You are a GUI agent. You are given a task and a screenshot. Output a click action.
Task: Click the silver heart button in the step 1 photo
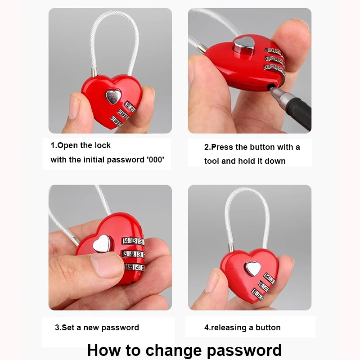(112, 96)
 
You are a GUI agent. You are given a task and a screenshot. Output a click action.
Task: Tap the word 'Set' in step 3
(67, 328)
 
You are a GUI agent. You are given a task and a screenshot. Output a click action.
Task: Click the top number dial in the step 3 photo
(134, 242)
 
